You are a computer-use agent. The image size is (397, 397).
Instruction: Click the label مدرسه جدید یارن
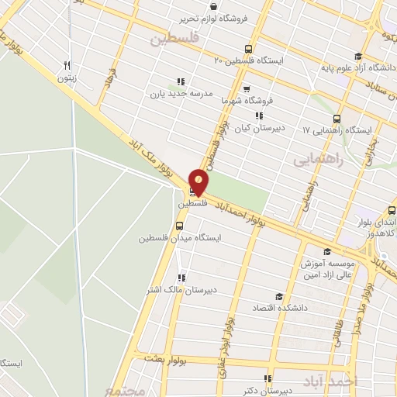coord(181,95)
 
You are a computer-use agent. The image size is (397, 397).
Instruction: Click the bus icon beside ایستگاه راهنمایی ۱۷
coord(337,119)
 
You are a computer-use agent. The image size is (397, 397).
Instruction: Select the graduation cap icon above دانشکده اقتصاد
coord(278,297)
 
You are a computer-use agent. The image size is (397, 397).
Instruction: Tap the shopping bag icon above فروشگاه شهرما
coord(247,88)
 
